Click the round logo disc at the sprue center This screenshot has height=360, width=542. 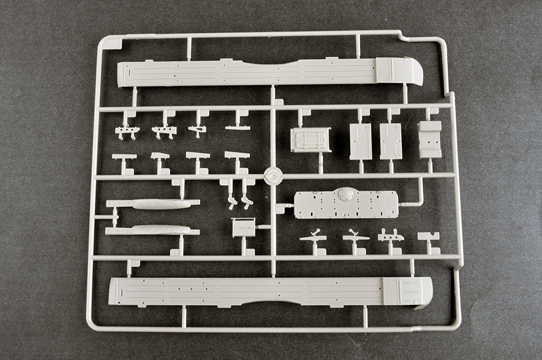click(274, 176)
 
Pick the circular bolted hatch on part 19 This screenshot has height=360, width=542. click(347, 195)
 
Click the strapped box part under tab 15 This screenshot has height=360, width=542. click(311, 140)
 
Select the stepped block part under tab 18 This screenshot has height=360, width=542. click(430, 139)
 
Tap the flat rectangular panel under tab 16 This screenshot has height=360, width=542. click(361, 141)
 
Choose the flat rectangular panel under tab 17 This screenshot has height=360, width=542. click(391, 141)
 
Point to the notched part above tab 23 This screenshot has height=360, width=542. click(428, 236)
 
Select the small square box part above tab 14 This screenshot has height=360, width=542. click(243, 227)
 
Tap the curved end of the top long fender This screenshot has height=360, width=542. click(415, 71)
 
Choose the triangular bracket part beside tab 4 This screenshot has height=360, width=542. click(197, 130)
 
